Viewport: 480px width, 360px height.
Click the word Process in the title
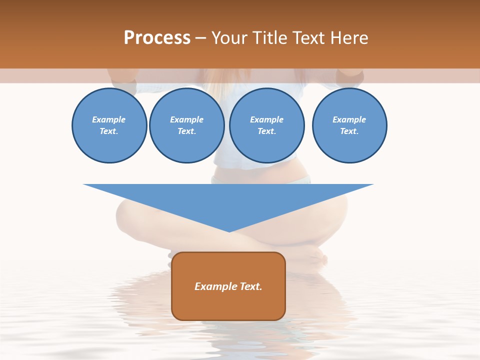(157, 38)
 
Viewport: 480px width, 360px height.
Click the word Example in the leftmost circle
(109, 119)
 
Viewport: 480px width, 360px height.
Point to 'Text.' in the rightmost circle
(349, 131)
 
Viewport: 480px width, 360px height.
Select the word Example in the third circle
(267, 119)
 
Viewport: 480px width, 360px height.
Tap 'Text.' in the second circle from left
(187, 131)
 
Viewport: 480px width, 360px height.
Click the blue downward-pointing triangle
(228, 200)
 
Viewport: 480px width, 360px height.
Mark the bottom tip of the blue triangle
(228, 231)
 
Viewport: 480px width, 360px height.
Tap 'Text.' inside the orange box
(249, 286)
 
